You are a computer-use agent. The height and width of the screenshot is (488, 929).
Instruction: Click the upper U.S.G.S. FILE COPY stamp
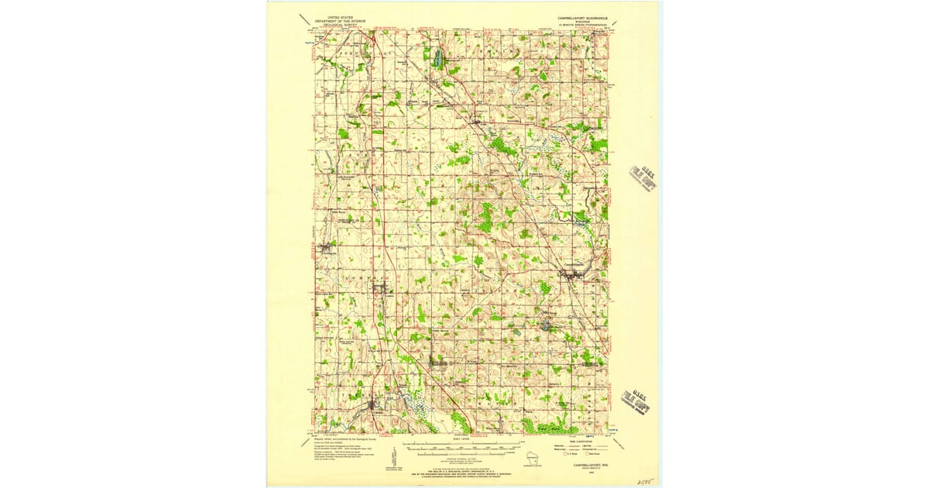pyautogui.click(x=643, y=178)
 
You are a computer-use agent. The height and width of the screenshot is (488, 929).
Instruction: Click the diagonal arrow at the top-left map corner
pyautogui.click(x=305, y=21)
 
